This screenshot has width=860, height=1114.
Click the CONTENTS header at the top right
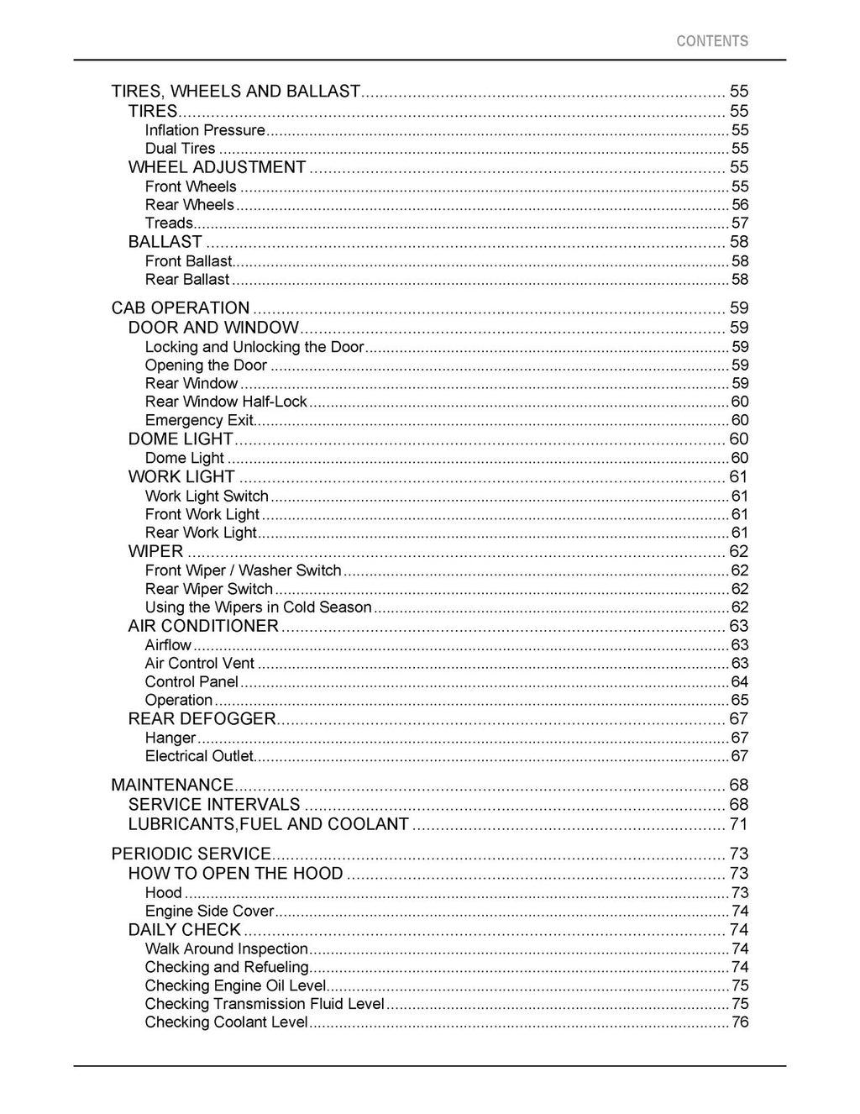711,41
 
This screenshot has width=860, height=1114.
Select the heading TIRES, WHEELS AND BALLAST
236,92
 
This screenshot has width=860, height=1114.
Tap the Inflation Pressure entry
205,130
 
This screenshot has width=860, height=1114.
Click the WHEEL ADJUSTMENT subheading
217,167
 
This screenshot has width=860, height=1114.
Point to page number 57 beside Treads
739,223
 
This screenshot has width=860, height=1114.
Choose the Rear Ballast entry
187,280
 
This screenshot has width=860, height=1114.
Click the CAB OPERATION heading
181,308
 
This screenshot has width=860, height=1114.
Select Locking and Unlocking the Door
254,347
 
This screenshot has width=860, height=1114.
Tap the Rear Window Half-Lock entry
226,402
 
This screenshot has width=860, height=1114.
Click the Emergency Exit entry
199,420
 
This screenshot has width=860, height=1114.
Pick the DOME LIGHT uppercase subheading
181,439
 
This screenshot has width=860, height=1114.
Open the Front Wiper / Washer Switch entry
243,570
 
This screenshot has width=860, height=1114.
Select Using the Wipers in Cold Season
258,607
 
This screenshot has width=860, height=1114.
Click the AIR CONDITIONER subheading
203,626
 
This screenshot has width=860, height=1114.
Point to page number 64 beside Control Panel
739,682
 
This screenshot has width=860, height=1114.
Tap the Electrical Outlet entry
199,756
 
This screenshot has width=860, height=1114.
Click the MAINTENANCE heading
172,785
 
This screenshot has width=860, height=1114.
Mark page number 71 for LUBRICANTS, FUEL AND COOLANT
738,824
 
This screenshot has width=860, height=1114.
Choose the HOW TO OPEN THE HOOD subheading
235,874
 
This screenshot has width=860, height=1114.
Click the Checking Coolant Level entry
226,1022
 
